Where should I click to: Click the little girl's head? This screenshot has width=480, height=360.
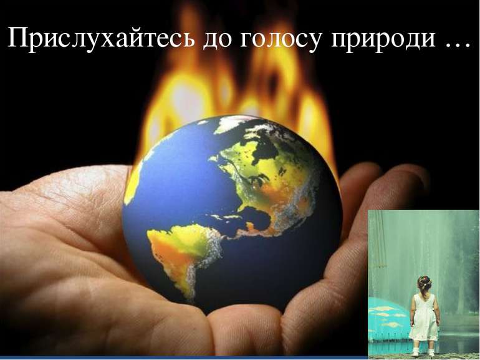tap(425, 284)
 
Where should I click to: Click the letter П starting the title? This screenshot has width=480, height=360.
tap(17, 37)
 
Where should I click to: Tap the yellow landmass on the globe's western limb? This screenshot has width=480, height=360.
tap(132, 184)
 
